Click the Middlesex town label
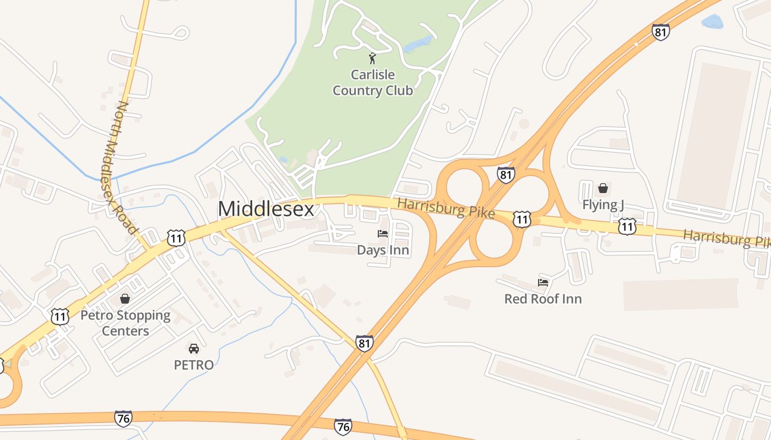click(266, 209)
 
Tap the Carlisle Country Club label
click(373, 82)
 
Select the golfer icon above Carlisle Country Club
click(373, 58)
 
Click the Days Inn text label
click(383, 250)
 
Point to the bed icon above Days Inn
click(383, 234)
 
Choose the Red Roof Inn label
click(543, 299)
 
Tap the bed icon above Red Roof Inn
click(543, 283)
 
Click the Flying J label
click(603, 205)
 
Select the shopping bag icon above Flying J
click(603, 188)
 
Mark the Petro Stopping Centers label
click(126, 323)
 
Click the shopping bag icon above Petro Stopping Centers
click(125, 299)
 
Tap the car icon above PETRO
click(194, 348)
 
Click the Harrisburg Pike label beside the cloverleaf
click(446, 208)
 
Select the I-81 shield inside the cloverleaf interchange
click(506, 175)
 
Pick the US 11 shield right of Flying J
click(627, 226)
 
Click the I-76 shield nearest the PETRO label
click(123, 419)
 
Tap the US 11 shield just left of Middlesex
click(176, 238)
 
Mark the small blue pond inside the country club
click(418, 44)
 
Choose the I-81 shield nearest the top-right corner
click(660, 32)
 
